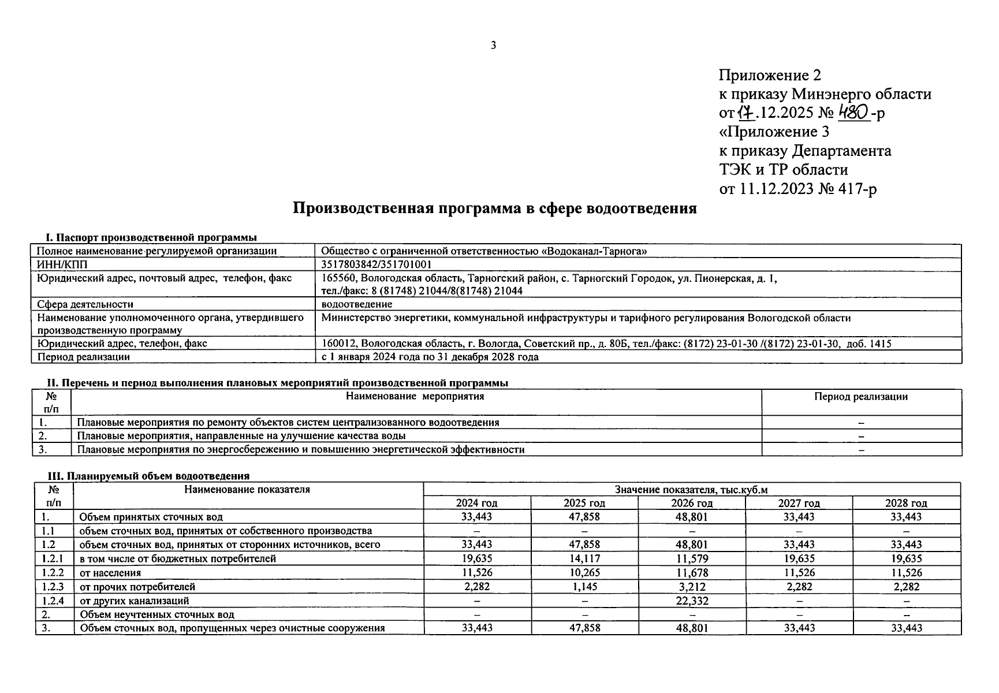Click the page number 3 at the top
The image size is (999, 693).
point(493,46)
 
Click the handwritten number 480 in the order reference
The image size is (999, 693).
point(854,113)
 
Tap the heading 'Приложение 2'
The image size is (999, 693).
point(769,75)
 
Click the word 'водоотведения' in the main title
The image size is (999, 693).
point(642,208)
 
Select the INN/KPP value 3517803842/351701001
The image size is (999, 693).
point(377,264)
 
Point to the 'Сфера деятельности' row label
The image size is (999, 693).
point(85,304)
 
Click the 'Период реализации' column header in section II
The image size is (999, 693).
point(860,397)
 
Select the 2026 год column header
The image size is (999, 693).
point(691,503)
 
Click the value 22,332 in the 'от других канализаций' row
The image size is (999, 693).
point(691,601)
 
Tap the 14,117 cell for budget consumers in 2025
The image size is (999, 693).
point(584,558)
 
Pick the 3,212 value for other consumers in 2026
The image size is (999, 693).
point(691,587)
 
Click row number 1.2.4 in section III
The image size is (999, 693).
point(53,601)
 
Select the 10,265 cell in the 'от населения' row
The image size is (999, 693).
point(584,573)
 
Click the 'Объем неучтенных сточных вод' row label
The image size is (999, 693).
point(157,614)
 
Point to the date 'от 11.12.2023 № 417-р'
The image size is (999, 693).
point(797,189)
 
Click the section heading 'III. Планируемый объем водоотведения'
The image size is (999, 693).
point(148,476)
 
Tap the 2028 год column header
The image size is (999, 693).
point(905,503)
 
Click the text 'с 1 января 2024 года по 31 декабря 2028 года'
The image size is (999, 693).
point(430,357)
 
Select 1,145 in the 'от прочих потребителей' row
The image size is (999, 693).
point(584,587)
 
